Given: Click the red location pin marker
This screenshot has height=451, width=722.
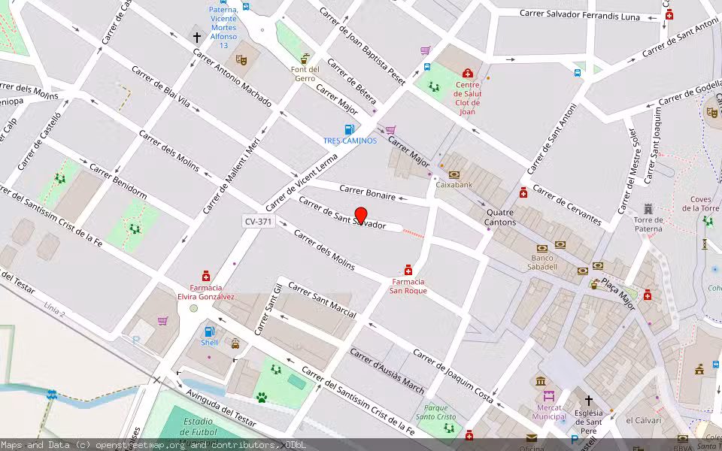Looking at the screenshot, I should click(x=361, y=215).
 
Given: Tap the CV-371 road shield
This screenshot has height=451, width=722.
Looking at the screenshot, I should click(x=258, y=222).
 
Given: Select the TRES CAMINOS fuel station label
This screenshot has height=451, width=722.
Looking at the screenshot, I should click(x=350, y=141).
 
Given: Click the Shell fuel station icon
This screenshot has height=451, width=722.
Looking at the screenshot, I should click(x=209, y=331).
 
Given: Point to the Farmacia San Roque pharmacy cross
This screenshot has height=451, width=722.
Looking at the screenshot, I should click(x=408, y=270).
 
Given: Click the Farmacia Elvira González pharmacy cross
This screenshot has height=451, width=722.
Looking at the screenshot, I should click(x=205, y=276).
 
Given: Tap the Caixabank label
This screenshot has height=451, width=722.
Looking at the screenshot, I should click(x=454, y=184).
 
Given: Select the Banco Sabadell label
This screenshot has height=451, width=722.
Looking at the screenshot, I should click(x=541, y=266).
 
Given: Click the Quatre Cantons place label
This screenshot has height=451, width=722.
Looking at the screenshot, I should click(x=501, y=217).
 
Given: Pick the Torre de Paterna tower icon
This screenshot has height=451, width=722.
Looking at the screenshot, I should click(x=648, y=208).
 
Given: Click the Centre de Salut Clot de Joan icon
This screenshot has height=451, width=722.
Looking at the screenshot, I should click(x=468, y=73).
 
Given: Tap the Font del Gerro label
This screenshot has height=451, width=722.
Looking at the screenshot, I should click(x=305, y=74).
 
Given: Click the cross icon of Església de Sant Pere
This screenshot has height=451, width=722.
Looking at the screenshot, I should click(x=588, y=400).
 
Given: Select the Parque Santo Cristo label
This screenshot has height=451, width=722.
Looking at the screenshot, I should click(x=435, y=412).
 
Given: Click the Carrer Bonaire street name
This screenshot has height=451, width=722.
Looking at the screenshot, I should click(x=367, y=192).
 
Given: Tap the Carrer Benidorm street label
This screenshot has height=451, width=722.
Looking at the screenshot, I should click(x=119, y=181).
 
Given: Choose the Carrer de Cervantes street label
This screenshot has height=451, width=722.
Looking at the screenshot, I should click(x=567, y=204).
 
